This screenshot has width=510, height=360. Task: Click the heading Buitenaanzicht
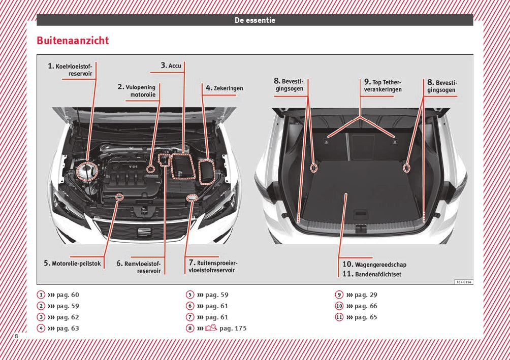pyautogui.click(x=73, y=41)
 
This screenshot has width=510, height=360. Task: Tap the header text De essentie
pyautogui.click(x=254, y=20)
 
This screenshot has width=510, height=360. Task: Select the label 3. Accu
pyautogui.click(x=171, y=66)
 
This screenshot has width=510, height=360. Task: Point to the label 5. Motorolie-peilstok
pyautogui.click(x=73, y=263)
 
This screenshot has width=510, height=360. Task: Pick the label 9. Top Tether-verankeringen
pyautogui.click(x=382, y=86)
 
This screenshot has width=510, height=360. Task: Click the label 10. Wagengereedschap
pyautogui.click(x=374, y=265)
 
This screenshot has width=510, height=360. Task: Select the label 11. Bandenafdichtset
pyautogui.click(x=371, y=274)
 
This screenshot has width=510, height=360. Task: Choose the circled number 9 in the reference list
pyautogui.click(x=339, y=295)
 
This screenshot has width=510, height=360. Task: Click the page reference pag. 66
pyautogui.click(x=366, y=306)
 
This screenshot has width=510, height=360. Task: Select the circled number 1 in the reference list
pyautogui.click(x=41, y=295)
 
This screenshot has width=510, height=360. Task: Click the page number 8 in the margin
pyautogui.click(x=17, y=337)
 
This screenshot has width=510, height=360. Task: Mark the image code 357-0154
pyautogui.click(x=463, y=282)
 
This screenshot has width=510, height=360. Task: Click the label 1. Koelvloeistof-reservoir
pyautogui.click(x=72, y=70)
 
